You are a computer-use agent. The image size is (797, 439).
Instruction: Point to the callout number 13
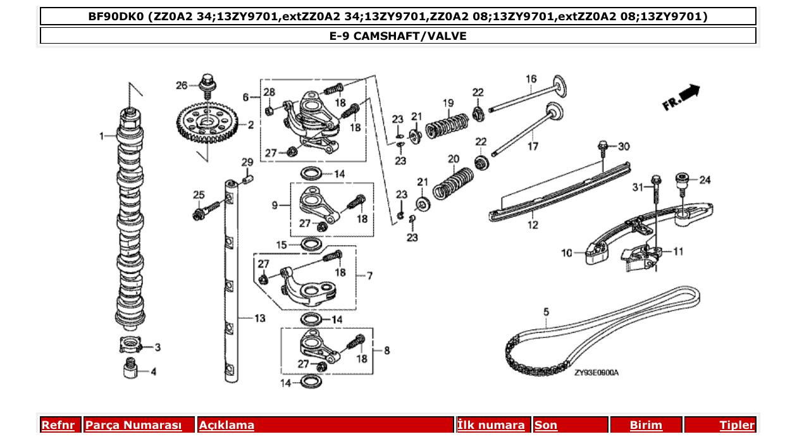click(260, 318)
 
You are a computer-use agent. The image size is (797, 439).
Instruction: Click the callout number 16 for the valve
click(531, 79)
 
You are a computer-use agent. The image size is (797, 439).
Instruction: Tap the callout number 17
click(533, 146)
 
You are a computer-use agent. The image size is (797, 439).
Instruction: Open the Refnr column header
click(58, 425)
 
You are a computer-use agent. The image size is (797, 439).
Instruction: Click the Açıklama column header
click(226, 425)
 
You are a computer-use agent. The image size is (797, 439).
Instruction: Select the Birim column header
click(646, 425)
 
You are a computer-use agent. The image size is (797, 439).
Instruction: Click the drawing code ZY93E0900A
click(596, 373)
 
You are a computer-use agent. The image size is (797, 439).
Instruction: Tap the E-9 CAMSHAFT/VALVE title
click(398, 36)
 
